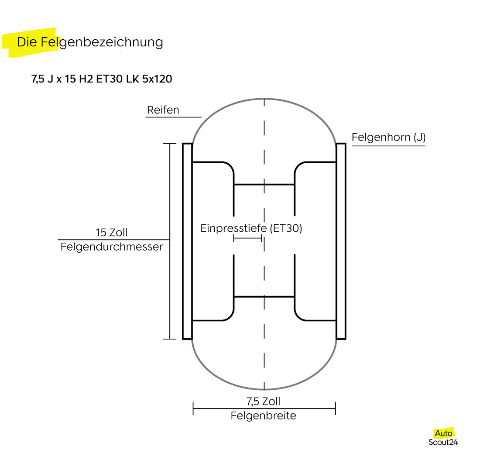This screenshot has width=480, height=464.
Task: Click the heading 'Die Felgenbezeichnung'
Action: point(89,42)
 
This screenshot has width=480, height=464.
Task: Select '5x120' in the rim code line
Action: point(157,79)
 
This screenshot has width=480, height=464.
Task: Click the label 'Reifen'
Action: point(163,110)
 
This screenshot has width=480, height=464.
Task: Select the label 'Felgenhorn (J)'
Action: point(388,137)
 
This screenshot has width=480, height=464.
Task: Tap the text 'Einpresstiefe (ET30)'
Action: point(251,228)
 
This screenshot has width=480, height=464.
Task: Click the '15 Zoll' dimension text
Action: point(112,232)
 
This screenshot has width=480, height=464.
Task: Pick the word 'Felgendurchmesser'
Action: point(112,247)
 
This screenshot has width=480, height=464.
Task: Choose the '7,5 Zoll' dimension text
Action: point(264,401)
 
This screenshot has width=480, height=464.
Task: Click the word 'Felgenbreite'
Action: point(264,416)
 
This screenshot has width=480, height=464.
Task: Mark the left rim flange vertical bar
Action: point(187,241)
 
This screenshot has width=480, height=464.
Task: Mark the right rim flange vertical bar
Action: point(341,241)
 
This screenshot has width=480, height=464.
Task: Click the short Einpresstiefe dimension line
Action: point(247,238)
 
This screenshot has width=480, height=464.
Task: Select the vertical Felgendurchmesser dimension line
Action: point(170,284)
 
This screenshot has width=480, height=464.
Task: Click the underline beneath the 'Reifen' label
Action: point(173,117)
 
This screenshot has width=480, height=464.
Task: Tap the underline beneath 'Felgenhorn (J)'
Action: point(388,146)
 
